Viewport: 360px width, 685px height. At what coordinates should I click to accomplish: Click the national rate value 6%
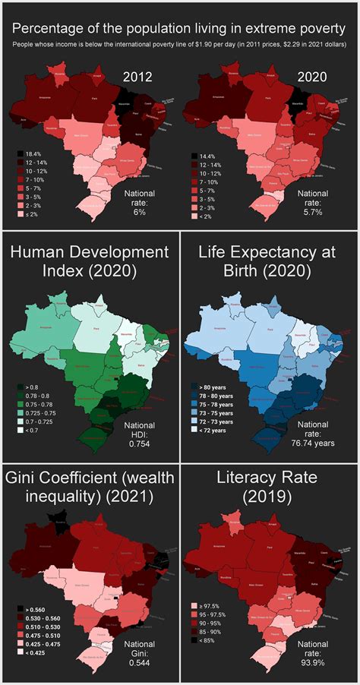pos(139,213)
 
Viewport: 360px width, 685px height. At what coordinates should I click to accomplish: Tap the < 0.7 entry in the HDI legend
pos(32,430)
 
